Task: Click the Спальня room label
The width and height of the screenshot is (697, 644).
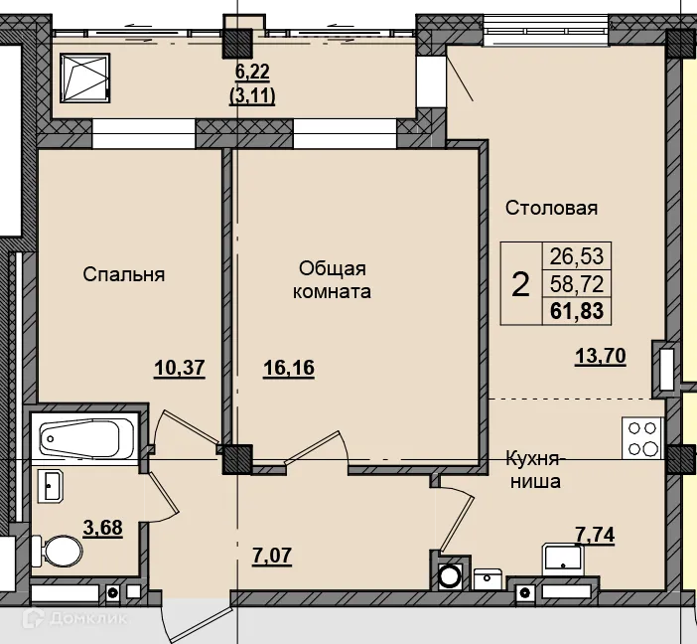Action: (123, 274)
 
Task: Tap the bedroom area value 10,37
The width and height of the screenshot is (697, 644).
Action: (180, 368)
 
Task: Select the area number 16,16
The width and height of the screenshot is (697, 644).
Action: (289, 368)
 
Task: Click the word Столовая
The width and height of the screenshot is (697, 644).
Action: (551, 208)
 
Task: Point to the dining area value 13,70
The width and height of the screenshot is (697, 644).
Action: (601, 356)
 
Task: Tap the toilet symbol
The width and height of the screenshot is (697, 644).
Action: (57, 551)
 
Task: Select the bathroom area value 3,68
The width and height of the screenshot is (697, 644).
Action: (102, 528)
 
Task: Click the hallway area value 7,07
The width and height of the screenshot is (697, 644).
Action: (272, 556)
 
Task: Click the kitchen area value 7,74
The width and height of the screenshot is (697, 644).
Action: (595, 535)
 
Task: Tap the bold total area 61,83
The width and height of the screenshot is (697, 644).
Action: (577, 311)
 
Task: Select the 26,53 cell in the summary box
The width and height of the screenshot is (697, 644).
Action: (577, 256)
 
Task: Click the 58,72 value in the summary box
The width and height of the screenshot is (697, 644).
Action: (577, 284)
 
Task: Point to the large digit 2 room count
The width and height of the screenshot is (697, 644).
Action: (520, 285)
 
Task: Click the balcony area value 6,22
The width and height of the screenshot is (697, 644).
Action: (252, 73)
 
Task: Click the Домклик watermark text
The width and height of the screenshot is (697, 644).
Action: (88, 618)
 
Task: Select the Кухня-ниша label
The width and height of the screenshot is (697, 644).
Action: (534, 470)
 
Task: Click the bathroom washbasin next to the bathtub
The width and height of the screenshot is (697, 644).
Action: (50, 486)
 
